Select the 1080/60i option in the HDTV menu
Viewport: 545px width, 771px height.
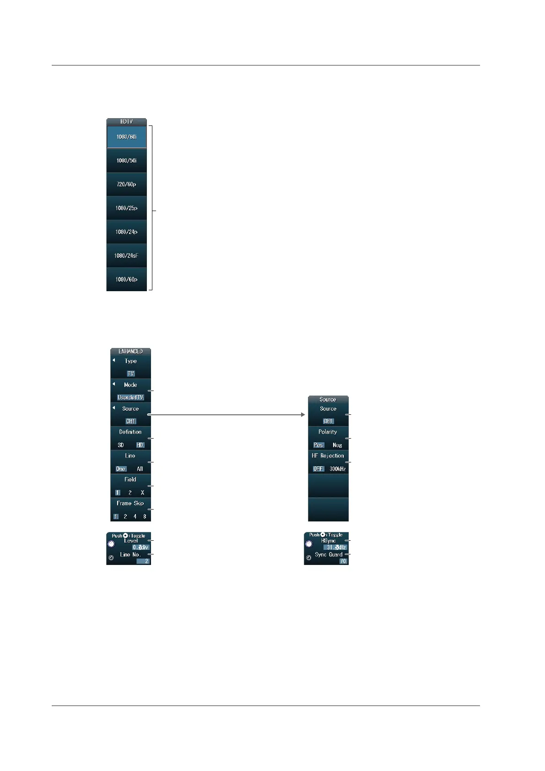click(126, 137)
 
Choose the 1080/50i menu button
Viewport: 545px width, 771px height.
click(126, 161)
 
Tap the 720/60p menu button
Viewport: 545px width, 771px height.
click(126, 185)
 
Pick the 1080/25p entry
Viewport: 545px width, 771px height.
click(126, 208)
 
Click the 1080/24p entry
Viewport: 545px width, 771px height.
click(126, 232)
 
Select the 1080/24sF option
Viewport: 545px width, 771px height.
click(126, 256)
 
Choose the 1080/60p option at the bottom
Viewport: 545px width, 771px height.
click(126, 279)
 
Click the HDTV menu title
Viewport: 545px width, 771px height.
click(126, 122)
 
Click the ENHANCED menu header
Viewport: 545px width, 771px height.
click(130, 351)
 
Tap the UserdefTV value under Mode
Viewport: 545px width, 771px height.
click(130, 397)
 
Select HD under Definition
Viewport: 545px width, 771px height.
click(140, 445)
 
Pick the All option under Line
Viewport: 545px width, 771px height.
click(140, 469)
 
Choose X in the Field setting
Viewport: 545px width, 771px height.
click(142, 493)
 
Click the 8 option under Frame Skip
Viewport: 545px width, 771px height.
click(145, 516)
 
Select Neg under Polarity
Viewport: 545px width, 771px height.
click(337, 445)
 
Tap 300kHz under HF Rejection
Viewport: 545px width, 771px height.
click(338, 469)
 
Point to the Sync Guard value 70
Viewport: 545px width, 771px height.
click(343, 561)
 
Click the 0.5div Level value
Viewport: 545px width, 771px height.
click(140, 547)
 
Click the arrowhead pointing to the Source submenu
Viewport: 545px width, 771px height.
click(302, 415)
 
